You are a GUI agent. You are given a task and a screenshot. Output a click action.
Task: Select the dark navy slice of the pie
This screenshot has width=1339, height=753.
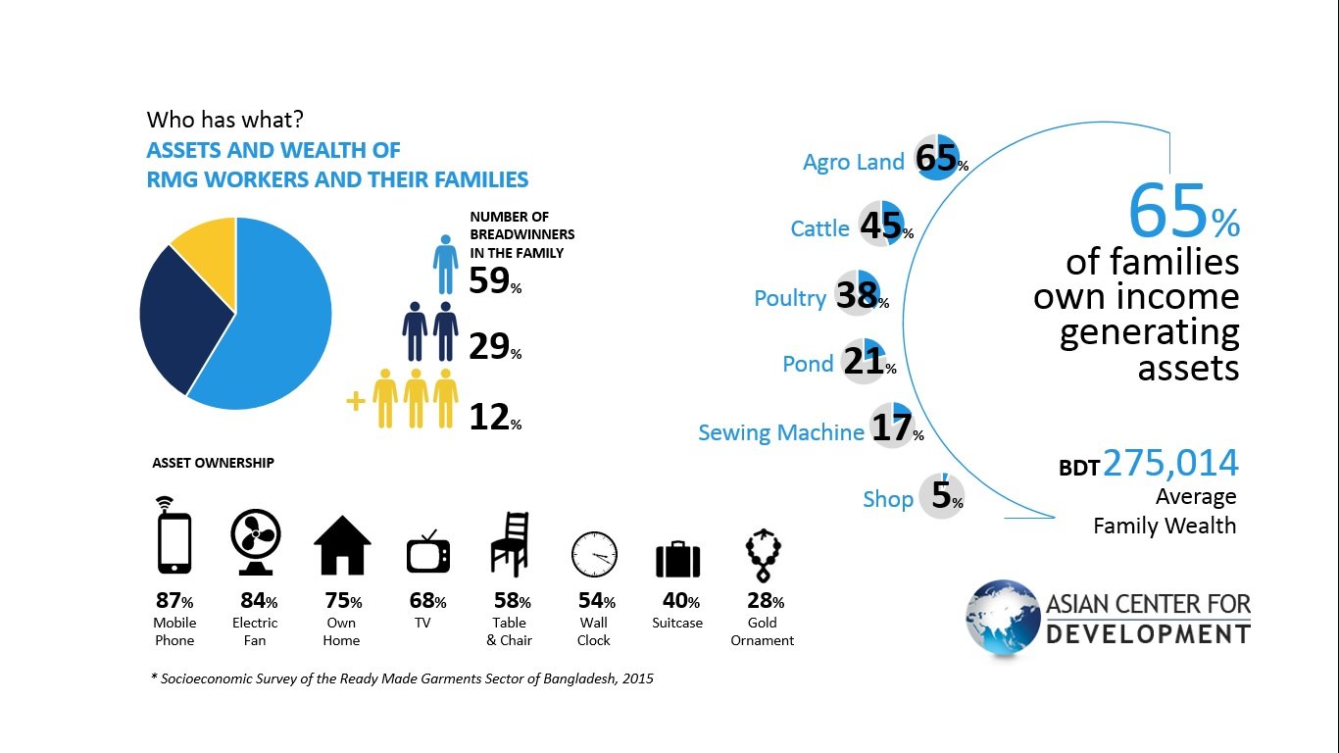179,317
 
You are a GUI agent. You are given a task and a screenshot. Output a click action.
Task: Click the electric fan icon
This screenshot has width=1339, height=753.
255,542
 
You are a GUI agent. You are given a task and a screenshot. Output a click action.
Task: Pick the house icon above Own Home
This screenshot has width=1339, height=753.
342,545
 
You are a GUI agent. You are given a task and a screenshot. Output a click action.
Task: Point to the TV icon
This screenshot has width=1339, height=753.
428,552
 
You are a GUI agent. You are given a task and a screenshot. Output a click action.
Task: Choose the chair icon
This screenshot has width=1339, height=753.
510,543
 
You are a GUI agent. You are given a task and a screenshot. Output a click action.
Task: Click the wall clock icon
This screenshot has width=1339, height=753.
594,554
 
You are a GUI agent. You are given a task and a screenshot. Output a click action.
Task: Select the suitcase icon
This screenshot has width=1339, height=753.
678,559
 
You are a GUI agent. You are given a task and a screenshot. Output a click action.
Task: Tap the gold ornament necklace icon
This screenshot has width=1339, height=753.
764,555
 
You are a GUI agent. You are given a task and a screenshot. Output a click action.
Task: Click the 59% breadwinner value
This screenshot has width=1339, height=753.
495,280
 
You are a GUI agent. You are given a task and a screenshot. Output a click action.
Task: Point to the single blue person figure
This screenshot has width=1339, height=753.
445,264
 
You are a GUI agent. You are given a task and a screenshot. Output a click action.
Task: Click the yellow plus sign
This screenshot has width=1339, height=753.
356,401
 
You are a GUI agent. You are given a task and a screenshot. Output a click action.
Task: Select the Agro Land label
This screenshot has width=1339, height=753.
853,162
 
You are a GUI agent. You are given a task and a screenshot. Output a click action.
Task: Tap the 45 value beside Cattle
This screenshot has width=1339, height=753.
880,226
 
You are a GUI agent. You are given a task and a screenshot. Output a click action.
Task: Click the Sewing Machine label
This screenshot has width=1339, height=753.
780,432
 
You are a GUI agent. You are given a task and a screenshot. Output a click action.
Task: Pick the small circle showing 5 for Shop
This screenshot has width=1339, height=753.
941,496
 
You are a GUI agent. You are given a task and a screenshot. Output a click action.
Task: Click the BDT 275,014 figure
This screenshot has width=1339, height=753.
1148,464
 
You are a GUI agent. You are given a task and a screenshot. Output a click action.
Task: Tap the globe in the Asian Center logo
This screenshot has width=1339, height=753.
1003,617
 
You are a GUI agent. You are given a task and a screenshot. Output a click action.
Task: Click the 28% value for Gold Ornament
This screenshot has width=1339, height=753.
766,600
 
